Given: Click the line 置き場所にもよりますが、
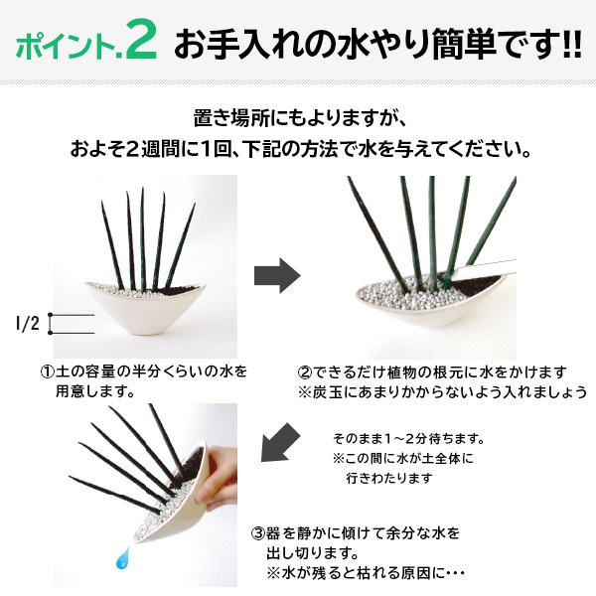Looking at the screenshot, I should [x=298, y=118].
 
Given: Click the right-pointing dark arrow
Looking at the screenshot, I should [x=279, y=278].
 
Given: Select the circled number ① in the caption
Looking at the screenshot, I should [x=47, y=372].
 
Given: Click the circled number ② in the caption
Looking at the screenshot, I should [x=306, y=372].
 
